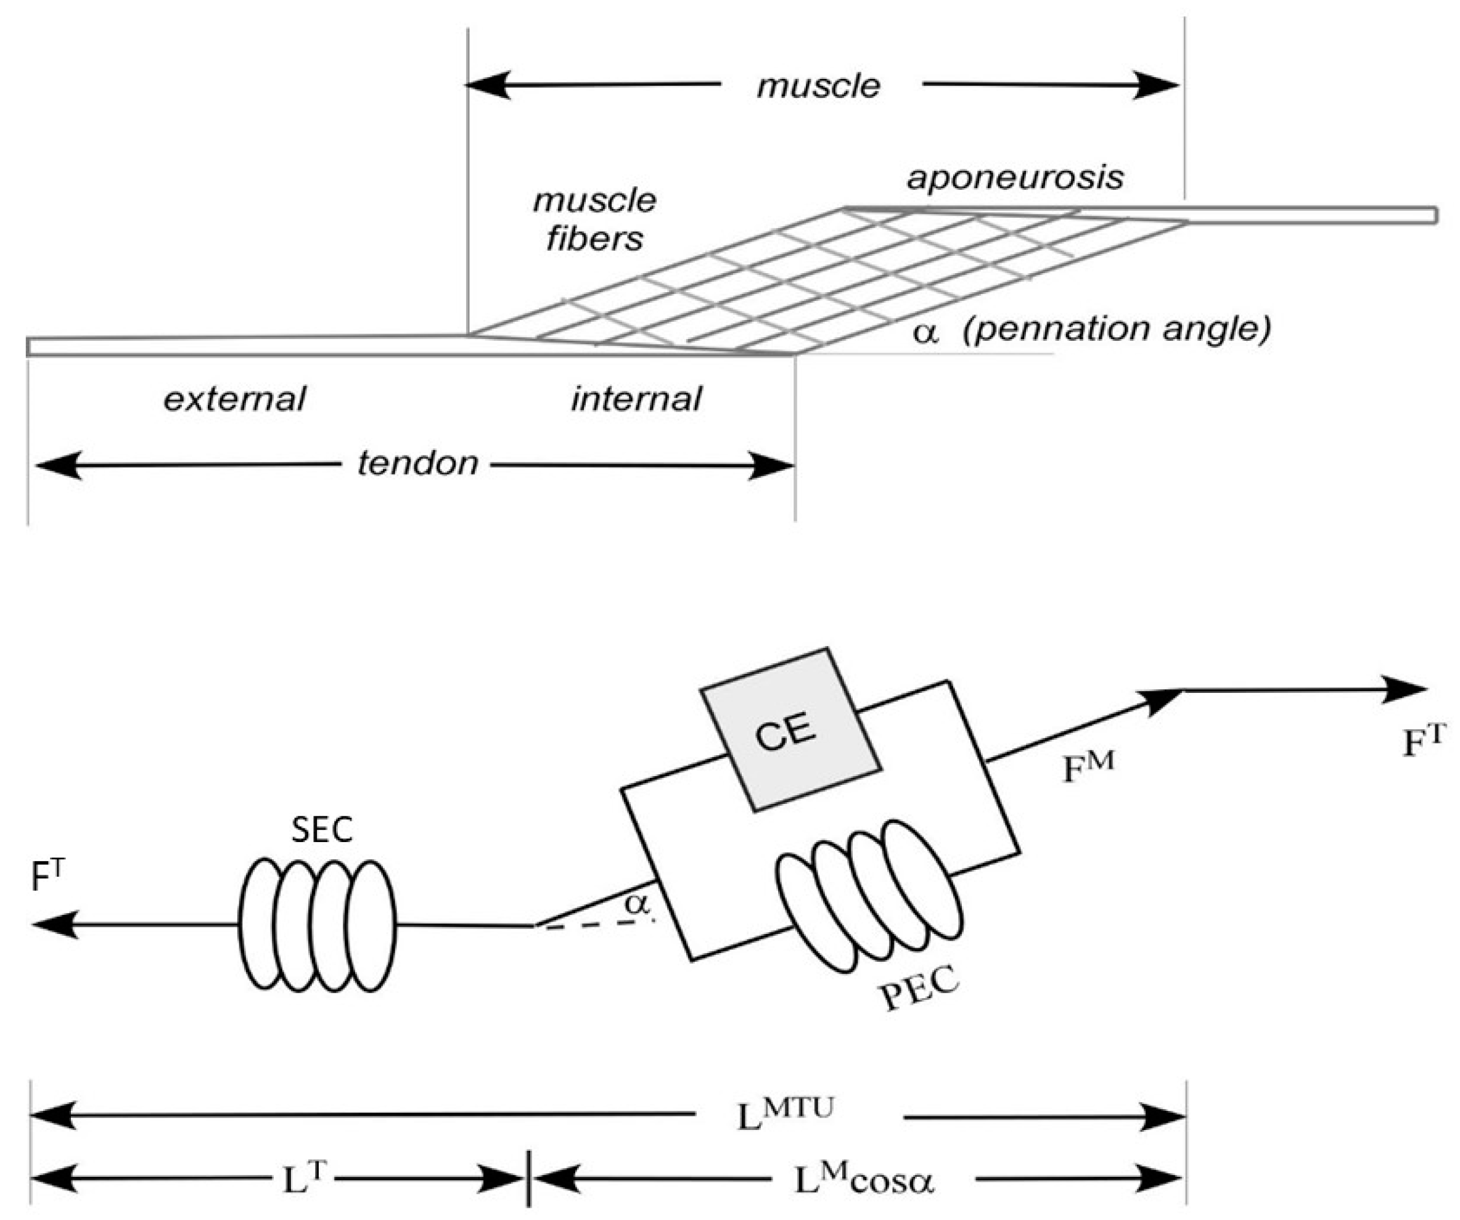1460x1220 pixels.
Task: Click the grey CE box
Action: tap(790, 729)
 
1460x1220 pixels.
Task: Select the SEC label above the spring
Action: tap(321, 829)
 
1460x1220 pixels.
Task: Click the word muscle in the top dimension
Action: tap(818, 86)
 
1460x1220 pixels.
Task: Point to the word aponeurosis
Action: tap(1015, 178)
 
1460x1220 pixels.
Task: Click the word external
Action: tap(234, 399)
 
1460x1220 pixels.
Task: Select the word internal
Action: tap(636, 399)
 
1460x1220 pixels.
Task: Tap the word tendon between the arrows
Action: tap(418, 463)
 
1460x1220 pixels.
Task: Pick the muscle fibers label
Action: tap(594, 219)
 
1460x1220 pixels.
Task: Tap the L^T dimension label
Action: tap(304, 1178)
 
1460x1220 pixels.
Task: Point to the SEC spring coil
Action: tap(317, 925)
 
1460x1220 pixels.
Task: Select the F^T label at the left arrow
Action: tap(47, 877)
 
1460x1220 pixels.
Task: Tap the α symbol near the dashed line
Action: tap(636, 904)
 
